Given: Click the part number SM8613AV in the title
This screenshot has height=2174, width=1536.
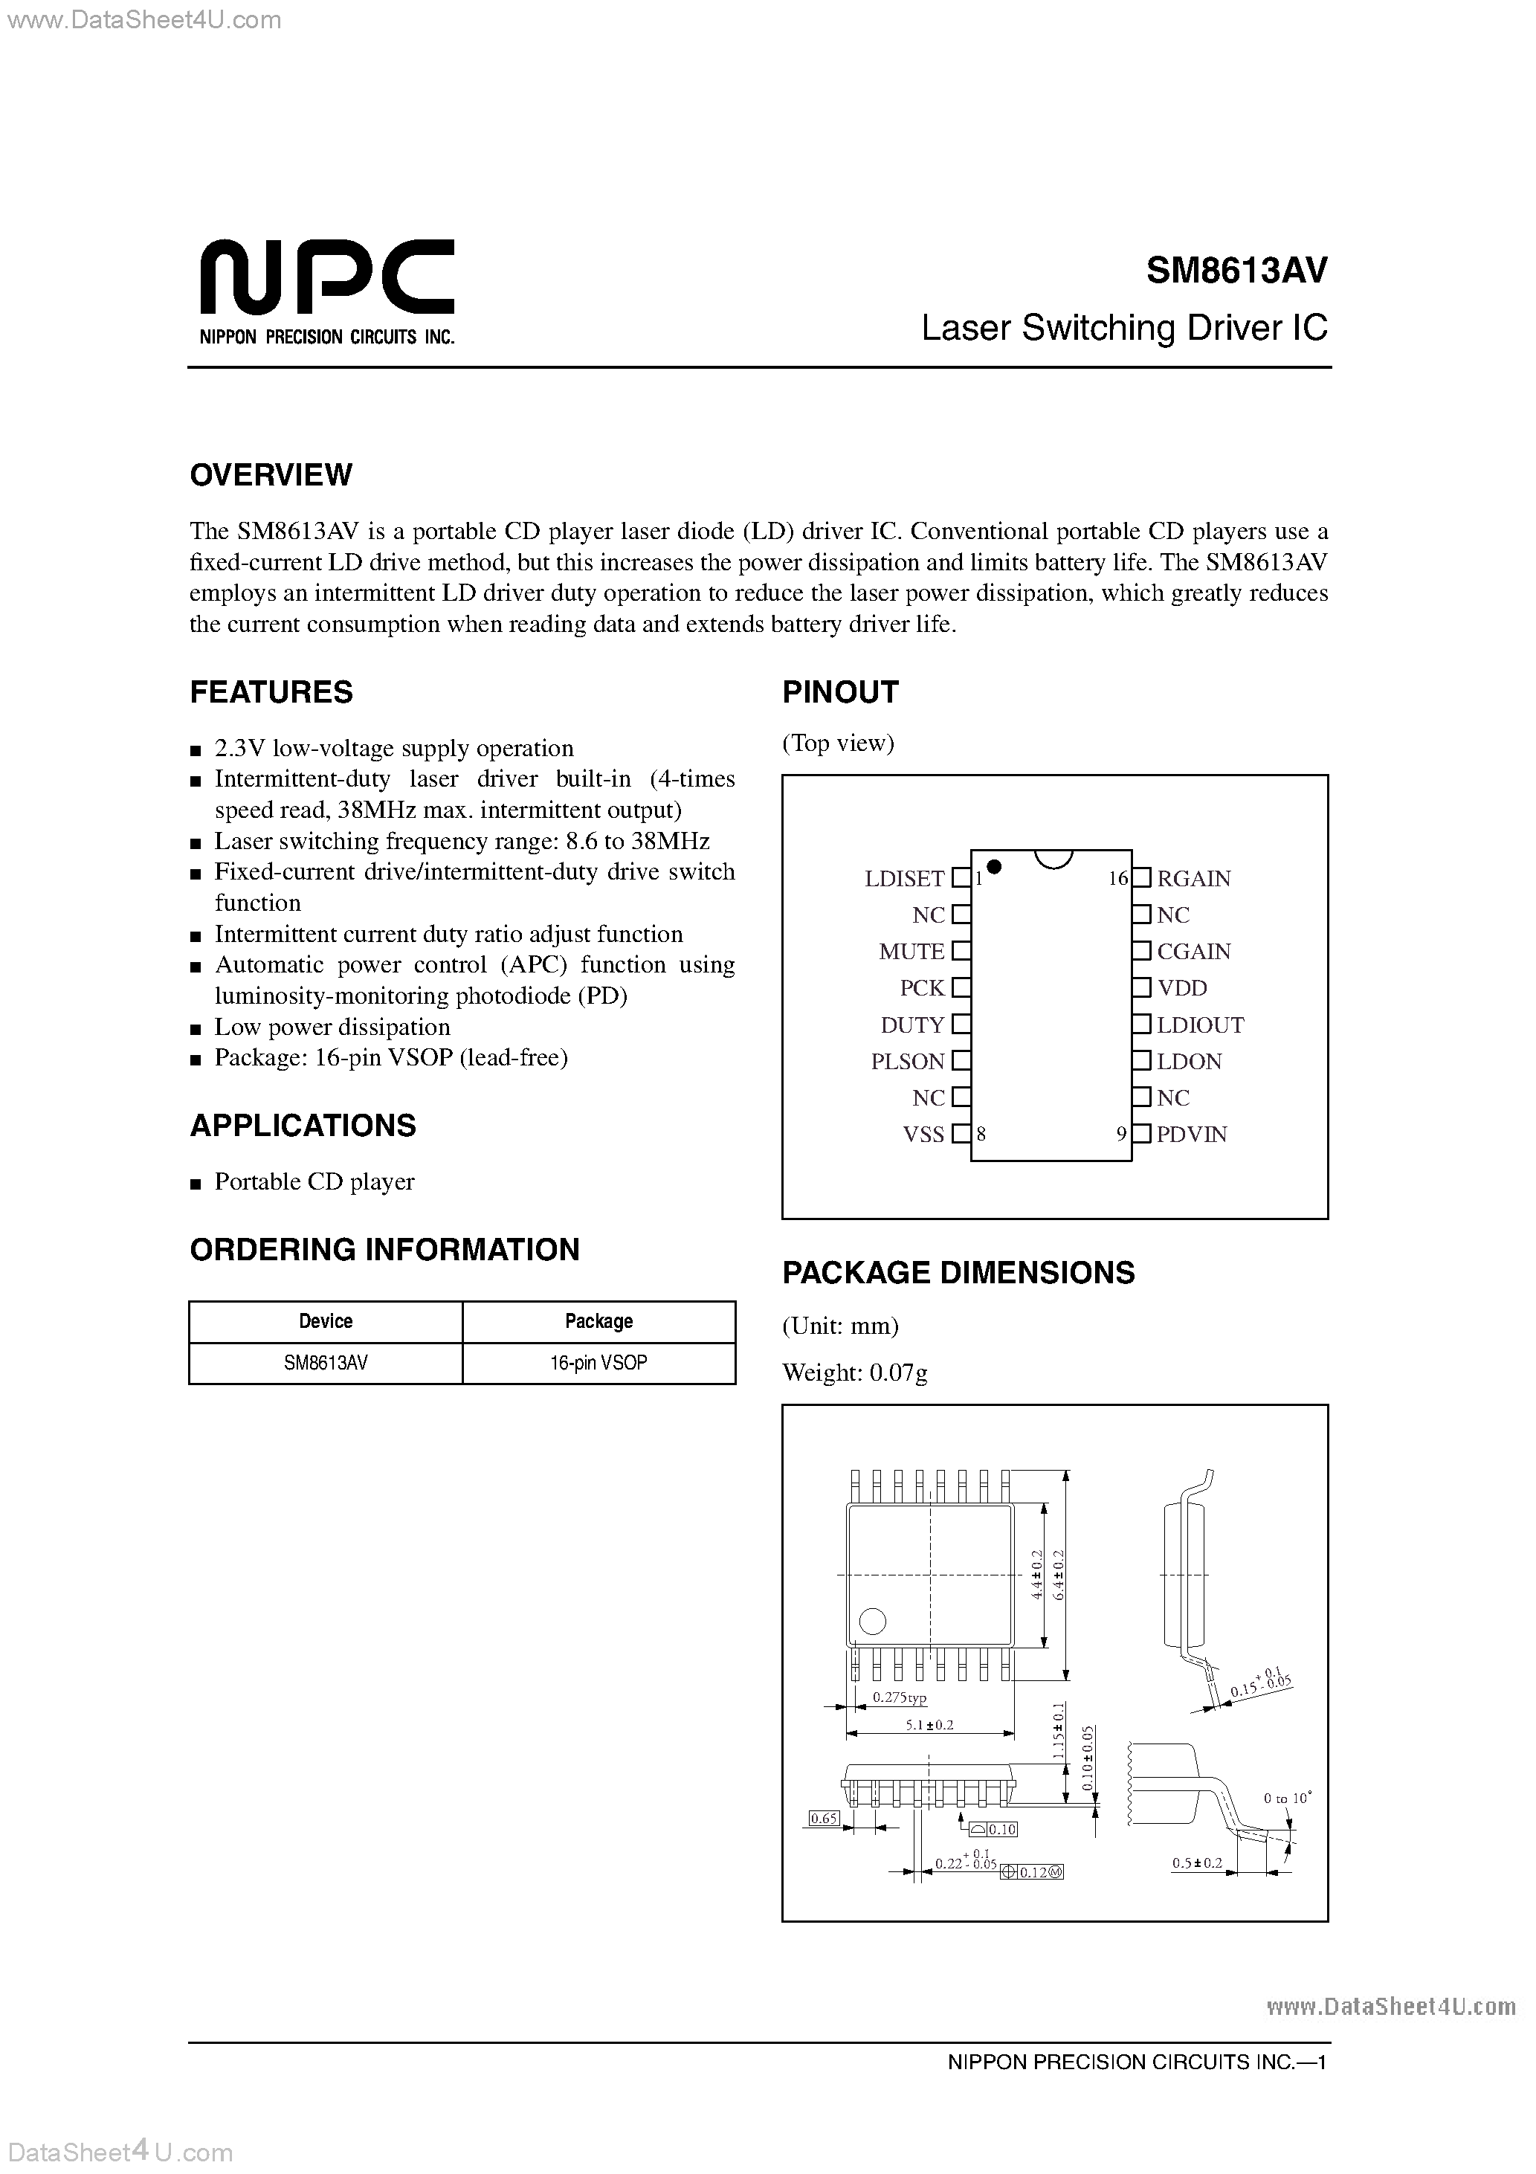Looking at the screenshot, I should point(1236,271).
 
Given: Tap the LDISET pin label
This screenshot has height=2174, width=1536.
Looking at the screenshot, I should point(903,878).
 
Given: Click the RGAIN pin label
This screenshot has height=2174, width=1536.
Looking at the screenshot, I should point(1193,878).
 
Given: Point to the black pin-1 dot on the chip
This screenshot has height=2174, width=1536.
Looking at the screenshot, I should point(994,865).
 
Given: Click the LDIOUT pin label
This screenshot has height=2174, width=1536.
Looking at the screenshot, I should point(1200,1025).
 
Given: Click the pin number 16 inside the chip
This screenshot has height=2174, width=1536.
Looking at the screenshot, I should point(1117,879).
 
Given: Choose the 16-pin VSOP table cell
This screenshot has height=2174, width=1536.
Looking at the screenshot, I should point(598,1363).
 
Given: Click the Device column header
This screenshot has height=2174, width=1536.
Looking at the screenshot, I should point(326,1321).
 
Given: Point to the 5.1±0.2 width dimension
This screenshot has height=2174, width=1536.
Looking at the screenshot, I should point(929,1724).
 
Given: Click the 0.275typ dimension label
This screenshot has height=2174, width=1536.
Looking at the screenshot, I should point(899,1697).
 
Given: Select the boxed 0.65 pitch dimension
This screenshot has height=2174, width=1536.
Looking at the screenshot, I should point(824,1818).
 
